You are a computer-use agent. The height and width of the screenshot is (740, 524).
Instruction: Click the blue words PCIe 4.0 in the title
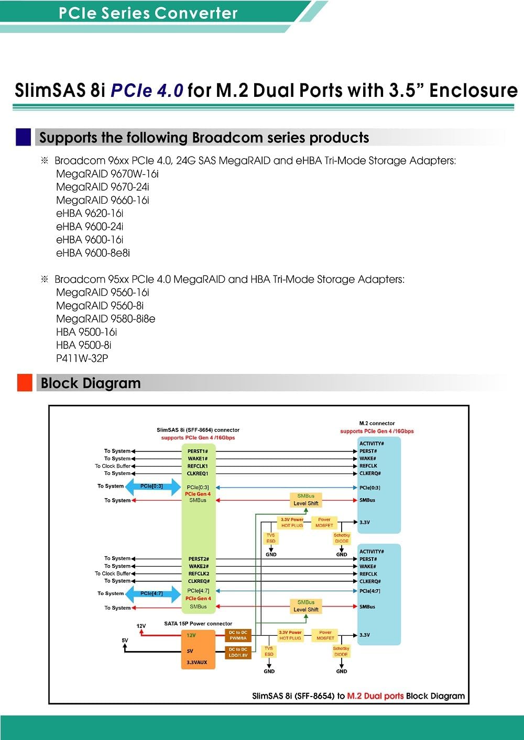click(x=147, y=91)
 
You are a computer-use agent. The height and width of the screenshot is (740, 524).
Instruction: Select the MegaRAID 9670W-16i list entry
click(x=107, y=174)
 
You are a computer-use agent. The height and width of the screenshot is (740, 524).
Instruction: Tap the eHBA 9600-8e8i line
click(x=93, y=253)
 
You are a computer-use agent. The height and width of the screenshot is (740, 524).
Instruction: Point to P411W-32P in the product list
click(x=82, y=358)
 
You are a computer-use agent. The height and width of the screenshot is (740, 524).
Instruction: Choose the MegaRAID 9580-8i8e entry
click(x=105, y=319)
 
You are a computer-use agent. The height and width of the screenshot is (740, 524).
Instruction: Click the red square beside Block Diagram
click(x=25, y=383)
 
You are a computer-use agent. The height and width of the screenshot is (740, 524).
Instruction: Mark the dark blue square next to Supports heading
click(x=24, y=137)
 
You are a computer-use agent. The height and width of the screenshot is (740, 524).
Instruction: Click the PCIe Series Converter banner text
click(x=148, y=13)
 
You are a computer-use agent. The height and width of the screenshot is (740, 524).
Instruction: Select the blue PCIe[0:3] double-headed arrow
click(x=152, y=487)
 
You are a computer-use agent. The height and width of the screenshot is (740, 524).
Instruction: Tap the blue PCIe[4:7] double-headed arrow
click(x=152, y=594)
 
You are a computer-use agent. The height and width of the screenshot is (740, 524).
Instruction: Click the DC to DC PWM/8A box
click(x=238, y=635)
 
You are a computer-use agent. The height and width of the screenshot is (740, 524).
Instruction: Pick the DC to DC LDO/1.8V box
click(x=238, y=652)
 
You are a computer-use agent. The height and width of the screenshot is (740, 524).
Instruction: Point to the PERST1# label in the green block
click(x=198, y=451)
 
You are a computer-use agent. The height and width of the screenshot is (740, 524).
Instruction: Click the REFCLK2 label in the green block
click(x=199, y=573)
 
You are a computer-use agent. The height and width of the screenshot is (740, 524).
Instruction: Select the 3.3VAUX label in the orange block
click(x=197, y=662)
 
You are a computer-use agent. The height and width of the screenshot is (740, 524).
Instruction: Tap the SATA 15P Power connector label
click(x=198, y=624)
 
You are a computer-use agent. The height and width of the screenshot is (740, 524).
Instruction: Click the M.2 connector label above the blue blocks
click(x=377, y=423)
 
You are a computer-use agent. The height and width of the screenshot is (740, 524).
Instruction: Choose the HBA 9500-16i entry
click(x=86, y=332)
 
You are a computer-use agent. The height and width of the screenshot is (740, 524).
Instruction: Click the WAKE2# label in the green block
click(x=199, y=566)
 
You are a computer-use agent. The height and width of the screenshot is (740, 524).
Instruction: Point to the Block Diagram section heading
click(x=91, y=383)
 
